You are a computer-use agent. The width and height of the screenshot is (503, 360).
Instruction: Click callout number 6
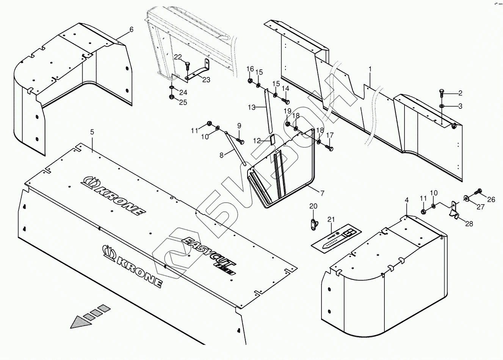[x=132, y=29]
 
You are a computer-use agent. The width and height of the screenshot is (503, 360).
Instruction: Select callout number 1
[x=370, y=69]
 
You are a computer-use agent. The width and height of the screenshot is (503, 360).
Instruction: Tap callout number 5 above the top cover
[x=92, y=132]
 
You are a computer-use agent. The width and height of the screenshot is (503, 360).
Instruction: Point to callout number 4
[x=406, y=200]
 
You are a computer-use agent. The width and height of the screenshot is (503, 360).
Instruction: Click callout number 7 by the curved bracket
[x=322, y=193]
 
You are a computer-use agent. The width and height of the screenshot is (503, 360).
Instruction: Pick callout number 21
[x=331, y=220]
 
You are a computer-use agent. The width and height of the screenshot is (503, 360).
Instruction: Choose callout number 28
[x=469, y=224]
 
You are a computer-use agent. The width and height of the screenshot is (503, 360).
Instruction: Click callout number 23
[x=206, y=80]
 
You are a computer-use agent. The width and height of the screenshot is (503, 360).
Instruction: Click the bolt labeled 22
[x=187, y=65]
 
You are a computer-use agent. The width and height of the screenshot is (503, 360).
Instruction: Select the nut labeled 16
[x=250, y=81]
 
